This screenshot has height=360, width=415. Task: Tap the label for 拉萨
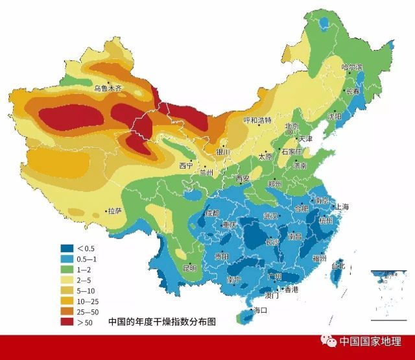click(115, 211)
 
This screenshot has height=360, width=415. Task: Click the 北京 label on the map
click(292, 126)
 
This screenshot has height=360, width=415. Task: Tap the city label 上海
click(342, 207)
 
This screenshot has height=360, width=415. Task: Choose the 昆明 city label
click(189, 267)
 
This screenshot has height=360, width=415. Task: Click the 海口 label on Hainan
click(261, 310)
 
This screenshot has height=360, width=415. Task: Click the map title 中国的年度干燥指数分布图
click(161, 321)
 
